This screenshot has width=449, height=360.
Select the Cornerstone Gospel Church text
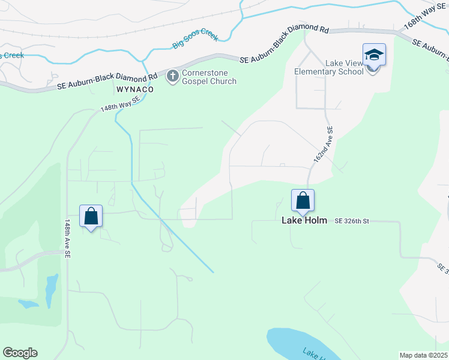209,77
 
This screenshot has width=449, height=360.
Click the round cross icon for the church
172,76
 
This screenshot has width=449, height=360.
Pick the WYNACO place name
135,89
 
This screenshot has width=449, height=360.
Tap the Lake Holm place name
304,220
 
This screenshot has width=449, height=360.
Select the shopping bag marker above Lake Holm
303,200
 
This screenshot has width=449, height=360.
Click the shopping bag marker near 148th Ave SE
91,216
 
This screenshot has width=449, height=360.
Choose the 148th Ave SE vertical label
67,238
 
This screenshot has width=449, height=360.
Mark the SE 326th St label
351,221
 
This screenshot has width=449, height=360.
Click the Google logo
20,353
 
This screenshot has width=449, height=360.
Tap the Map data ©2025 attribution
423,355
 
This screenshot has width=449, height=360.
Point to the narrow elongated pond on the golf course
52,290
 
